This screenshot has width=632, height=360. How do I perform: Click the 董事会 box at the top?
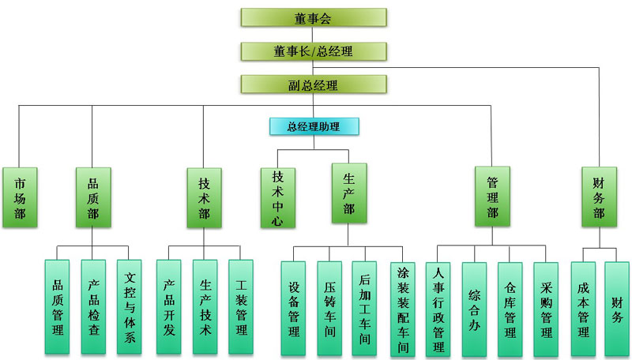click(x=313, y=17)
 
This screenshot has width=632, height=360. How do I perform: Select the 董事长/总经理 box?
click(x=313, y=51)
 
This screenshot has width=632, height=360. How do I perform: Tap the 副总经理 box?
click(x=313, y=84)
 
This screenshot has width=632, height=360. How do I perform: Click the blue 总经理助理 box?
click(x=314, y=126)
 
